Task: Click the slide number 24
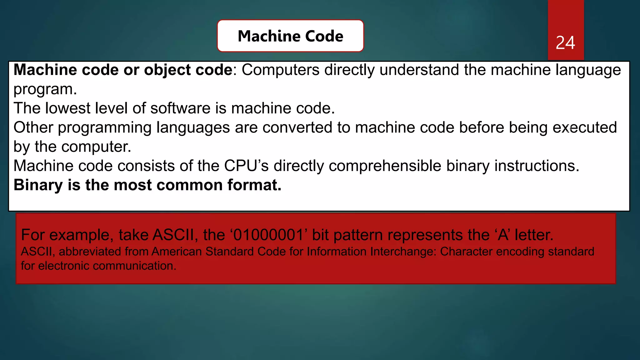pos(565,43)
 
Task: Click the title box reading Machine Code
pos(290,36)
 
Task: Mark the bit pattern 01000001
pos(268,235)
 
